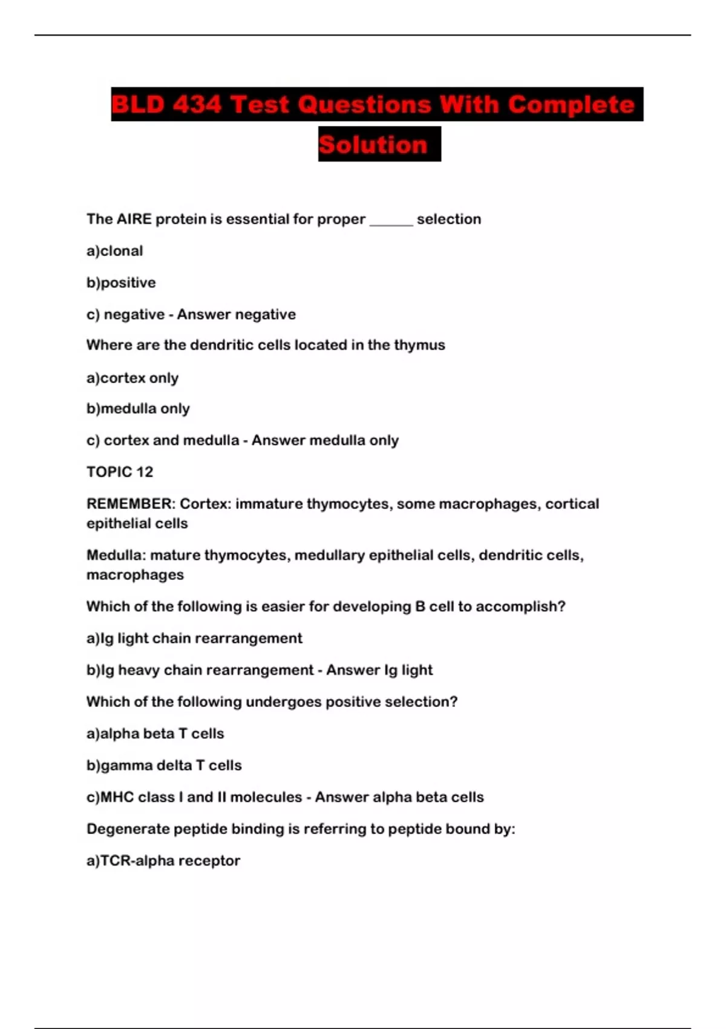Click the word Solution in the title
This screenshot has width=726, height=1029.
coord(373,145)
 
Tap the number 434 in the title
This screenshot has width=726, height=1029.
coord(197,105)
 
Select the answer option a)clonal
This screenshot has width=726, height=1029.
coord(115,251)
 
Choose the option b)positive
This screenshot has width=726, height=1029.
coord(121,283)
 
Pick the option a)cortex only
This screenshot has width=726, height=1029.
coord(132,378)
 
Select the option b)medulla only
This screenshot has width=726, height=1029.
coord(138,409)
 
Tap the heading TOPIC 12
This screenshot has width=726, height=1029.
coord(120,472)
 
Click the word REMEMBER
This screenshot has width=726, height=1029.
coord(131,504)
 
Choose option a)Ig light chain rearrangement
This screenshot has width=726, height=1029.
coord(194,639)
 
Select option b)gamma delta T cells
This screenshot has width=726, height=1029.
coord(164,766)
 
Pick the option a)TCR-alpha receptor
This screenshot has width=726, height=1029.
coord(163,861)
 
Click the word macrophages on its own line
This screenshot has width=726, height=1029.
coord(135,575)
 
